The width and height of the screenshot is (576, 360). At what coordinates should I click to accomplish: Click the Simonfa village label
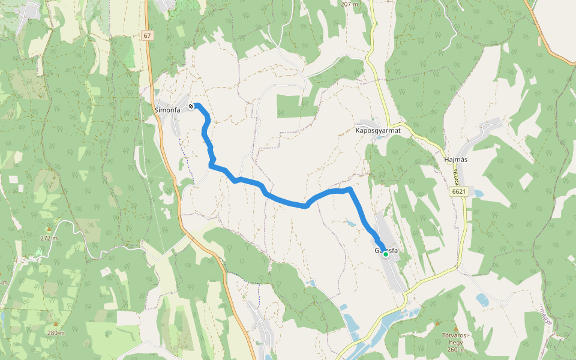pyautogui.click(x=167, y=110)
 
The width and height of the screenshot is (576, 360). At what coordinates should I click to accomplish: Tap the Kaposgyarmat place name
pyautogui.click(x=377, y=130)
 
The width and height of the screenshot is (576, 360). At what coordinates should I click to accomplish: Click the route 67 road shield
pyautogui.click(x=148, y=36)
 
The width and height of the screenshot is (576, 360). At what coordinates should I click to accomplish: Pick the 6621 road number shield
pyautogui.click(x=460, y=191)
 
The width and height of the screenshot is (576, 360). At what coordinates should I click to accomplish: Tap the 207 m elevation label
pyautogui.click(x=349, y=4)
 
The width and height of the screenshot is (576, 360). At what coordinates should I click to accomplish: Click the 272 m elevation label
pyautogui.click(x=49, y=238)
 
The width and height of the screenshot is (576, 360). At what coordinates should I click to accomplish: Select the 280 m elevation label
pyautogui.click(x=56, y=332)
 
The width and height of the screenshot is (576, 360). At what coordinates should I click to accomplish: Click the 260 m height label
pyautogui.click(x=455, y=350)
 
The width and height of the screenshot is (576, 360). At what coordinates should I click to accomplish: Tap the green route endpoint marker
pyautogui.click(x=386, y=254)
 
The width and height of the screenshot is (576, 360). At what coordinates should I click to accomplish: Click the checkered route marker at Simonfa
pyautogui.click(x=191, y=106)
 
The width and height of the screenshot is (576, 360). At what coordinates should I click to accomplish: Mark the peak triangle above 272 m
pyautogui.click(x=49, y=230)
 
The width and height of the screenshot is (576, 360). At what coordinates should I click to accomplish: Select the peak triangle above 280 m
pyautogui.click(x=56, y=324)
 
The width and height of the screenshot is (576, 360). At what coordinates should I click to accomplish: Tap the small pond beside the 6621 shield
pyautogui.click(x=478, y=194)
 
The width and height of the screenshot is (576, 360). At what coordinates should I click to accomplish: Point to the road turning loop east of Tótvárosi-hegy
pyautogui.click(x=503, y=302)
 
